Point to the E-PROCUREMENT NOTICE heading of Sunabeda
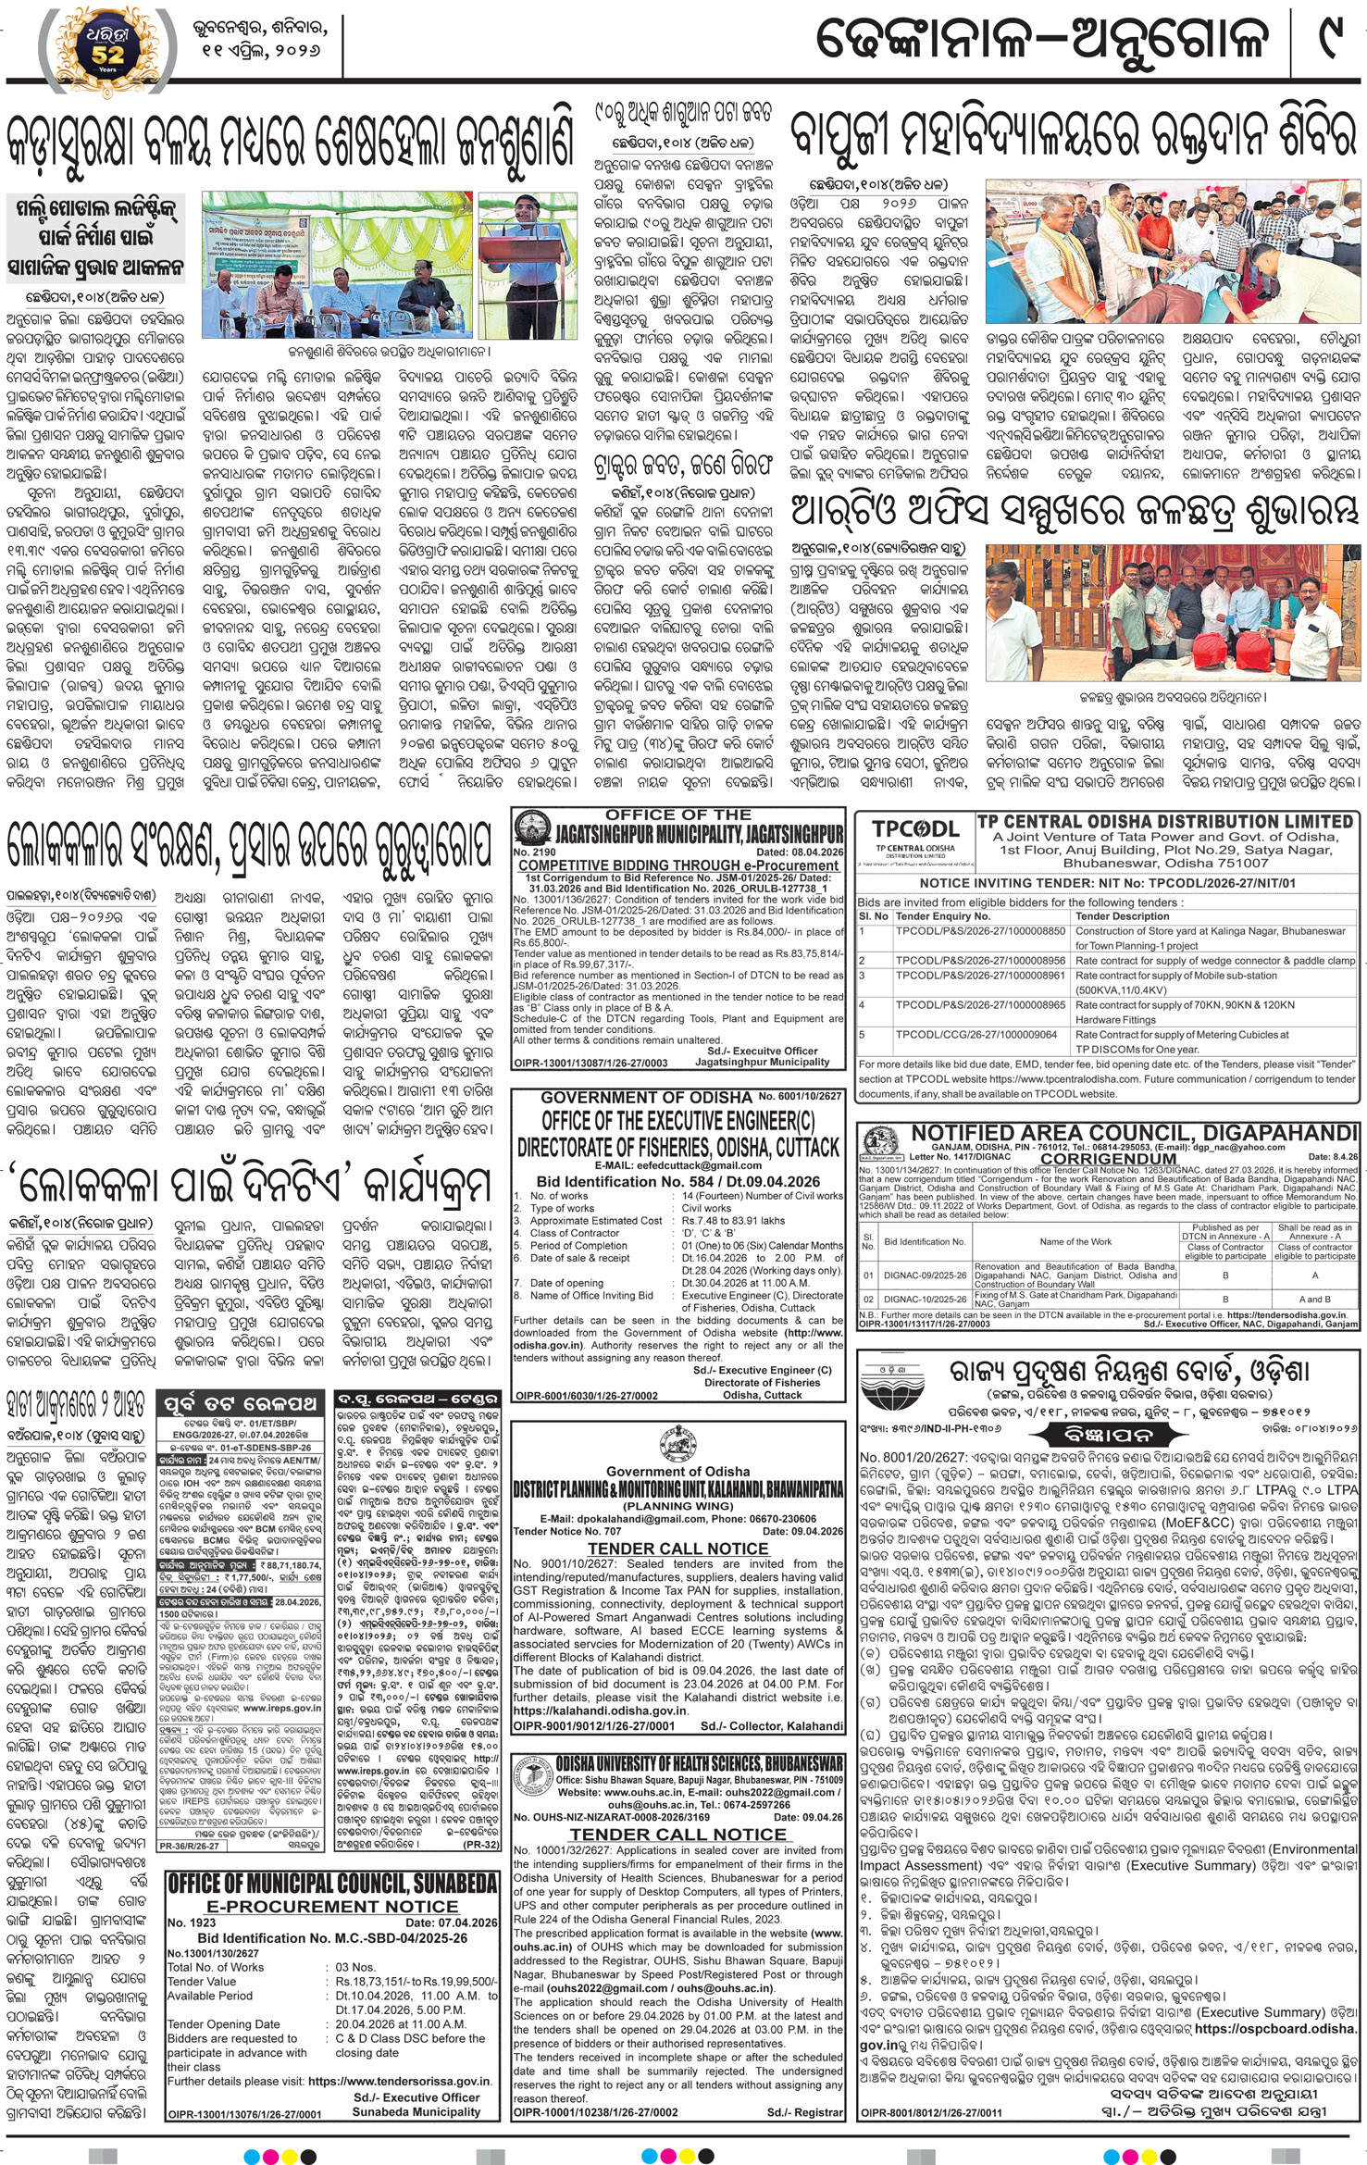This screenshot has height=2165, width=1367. [x=329, y=1907]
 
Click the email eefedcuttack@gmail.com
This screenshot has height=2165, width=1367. [x=678, y=1165]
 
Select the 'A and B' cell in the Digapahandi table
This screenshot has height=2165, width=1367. [x=1314, y=1300]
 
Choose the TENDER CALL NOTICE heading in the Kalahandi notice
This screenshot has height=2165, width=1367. [x=678, y=1549]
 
